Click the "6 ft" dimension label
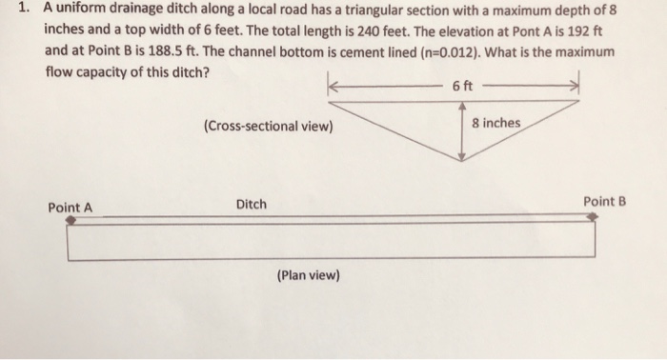462,87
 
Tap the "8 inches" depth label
496,124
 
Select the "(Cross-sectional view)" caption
268,126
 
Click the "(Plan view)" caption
308,275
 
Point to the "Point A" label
71,207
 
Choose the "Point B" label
605,201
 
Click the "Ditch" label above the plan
252,205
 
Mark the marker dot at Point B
593,216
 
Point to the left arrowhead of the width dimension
333,87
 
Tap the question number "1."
26,9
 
